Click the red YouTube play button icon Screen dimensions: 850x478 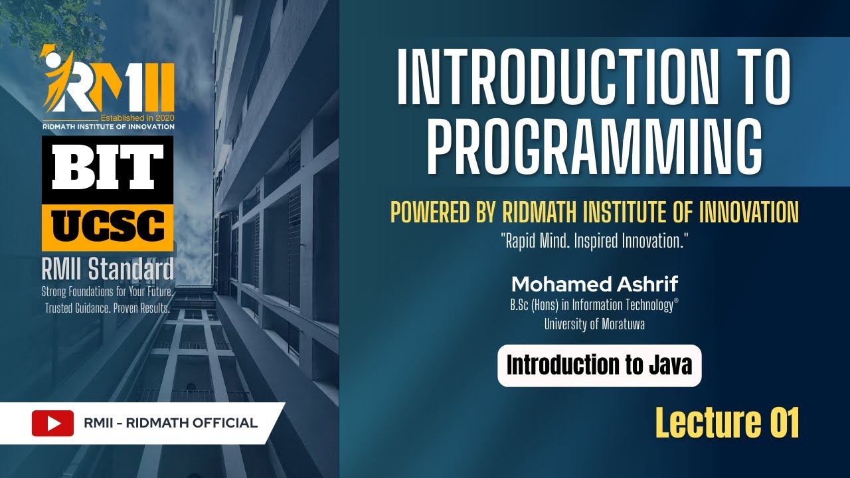point(52,423)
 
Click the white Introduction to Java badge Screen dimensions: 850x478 point(600,365)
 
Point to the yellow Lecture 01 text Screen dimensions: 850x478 point(727,423)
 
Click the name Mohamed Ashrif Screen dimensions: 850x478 point(594,284)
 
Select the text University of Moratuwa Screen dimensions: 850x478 point(594,324)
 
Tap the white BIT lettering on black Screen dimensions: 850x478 point(108,167)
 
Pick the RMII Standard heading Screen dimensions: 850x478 point(108,269)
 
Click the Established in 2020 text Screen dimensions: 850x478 point(137,118)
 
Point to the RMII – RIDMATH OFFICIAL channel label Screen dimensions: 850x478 point(171,423)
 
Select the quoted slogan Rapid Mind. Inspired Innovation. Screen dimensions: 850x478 point(594,241)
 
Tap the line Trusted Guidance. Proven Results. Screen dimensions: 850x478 point(108,307)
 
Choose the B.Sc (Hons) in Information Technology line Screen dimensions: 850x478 point(594,305)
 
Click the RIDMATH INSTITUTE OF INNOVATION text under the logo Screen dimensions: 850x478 point(108,127)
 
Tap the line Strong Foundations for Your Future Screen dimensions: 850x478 point(108,291)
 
